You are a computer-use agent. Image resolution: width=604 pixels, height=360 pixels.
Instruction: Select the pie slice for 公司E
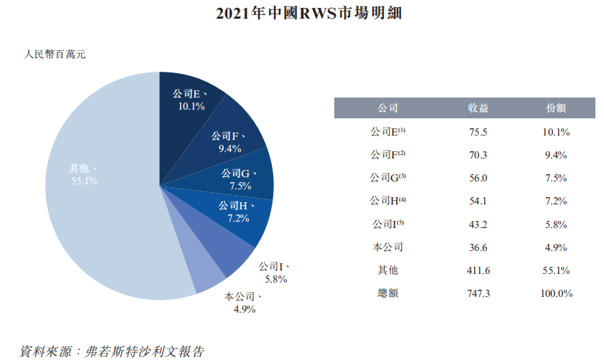pyautogui.click(x=191, y=100)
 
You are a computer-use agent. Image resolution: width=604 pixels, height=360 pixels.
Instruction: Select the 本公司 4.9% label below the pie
pyautogui.click(x=243, y=303)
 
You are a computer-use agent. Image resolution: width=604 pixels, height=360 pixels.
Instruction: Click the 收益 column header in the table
pyautogui.click(x=478, y=108)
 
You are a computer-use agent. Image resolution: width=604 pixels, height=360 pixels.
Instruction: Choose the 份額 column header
pyautogui.click(x=556, y=108)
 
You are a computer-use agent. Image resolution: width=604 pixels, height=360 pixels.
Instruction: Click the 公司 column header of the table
pyautogui.click(x=387, y=108)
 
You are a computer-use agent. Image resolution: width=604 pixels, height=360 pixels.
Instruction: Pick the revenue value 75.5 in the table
pyautogui.click(x=478, y=132)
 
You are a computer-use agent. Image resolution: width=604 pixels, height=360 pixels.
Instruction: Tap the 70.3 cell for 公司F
pyautogui.click(x=478, y=155)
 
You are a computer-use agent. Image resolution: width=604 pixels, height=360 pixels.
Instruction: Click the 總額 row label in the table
pyautogui.click(x=387, y=293)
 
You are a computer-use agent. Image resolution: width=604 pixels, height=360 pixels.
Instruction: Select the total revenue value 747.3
pyautogui.click(x=478, y=293)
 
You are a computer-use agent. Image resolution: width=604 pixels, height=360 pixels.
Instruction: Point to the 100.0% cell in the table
pyautogui.click(x=556, y=293)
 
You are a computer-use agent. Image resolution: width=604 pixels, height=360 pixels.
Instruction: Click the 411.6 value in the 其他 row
pyautogui.click(x=478, y=270)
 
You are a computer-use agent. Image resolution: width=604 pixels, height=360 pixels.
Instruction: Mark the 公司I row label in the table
pyautogui.click(x=387, y=224)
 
